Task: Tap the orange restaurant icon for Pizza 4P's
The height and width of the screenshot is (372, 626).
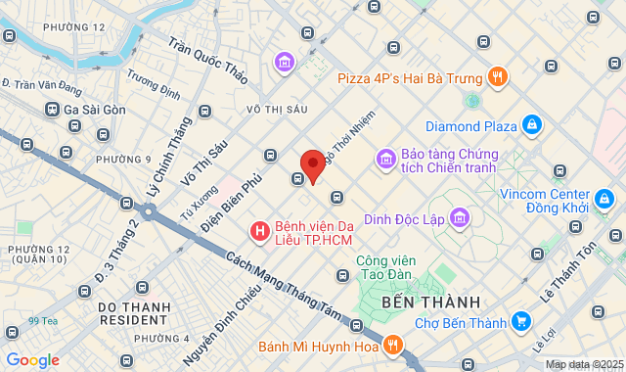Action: (498, 76)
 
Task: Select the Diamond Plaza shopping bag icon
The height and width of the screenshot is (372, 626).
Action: (532, 125)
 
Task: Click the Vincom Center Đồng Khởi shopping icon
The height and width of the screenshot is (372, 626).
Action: (606, 201)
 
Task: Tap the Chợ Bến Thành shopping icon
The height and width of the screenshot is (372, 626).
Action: (522, 322)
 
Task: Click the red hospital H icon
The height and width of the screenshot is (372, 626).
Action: (259, 231)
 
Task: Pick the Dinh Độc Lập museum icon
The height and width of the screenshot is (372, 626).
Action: (462, 217)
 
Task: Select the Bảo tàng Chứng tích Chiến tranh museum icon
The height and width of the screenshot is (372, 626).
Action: (385, 159)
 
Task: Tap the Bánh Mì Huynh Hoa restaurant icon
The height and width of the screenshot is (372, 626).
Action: (392, 345)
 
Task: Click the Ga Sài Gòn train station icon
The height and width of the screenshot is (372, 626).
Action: (51, 110)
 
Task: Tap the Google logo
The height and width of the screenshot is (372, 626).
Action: (33, 360)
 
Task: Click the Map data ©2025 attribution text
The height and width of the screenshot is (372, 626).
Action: (584, 364)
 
